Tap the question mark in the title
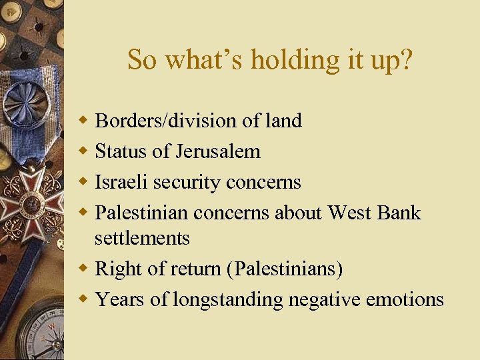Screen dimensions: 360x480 pyautogui.click(x=406, y=60)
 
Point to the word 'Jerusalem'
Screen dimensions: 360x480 pyautogui.click(x=217, y=152)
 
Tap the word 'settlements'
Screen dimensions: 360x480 pyautogui.click(x=142, y=238)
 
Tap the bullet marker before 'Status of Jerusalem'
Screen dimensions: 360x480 pyautogui.click(x=83, y=151)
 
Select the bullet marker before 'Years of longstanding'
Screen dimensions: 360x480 pyautogui.click(x=83, y=299)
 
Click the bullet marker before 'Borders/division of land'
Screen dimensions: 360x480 pyautogui.click(x=83, y=121)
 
